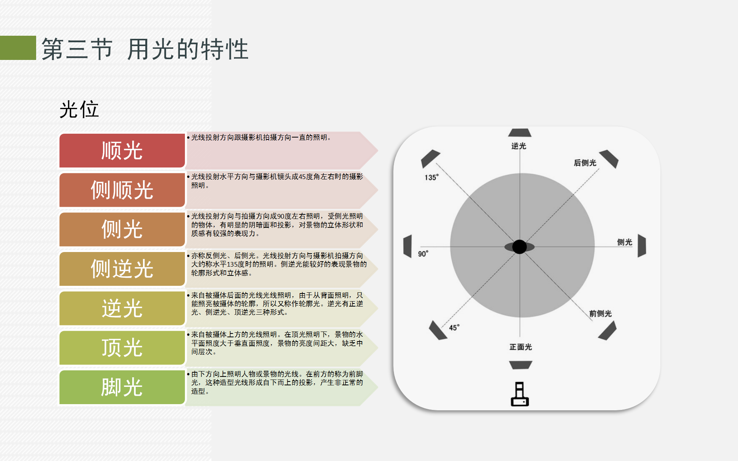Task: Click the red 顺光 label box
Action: [x=122, y=151]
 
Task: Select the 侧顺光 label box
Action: [x=122, y=190]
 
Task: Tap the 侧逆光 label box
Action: [x=122, y=269]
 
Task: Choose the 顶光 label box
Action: [x=122, y=348]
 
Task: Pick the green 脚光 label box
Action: [x=122, y=387]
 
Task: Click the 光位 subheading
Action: [x=79, y=110]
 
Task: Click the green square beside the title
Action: [x=18, y=48]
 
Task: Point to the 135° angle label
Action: [x=431, y=177]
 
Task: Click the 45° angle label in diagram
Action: [x=454, y=328]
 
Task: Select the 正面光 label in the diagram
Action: [x=520, y=347]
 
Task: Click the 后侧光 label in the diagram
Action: [x=585, y=163]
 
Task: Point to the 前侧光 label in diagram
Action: [x=600, y=313]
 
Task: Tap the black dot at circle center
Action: [x=519, y=247]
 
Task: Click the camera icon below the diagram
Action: [x=520, y=394]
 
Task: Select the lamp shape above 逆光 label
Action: [x=520, y=133]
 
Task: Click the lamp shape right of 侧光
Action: [x=642, y=246]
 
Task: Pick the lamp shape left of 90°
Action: [x=407, y=246]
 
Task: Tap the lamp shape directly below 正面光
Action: [x=520, y=365]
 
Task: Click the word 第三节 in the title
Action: [x=77, y=49]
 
